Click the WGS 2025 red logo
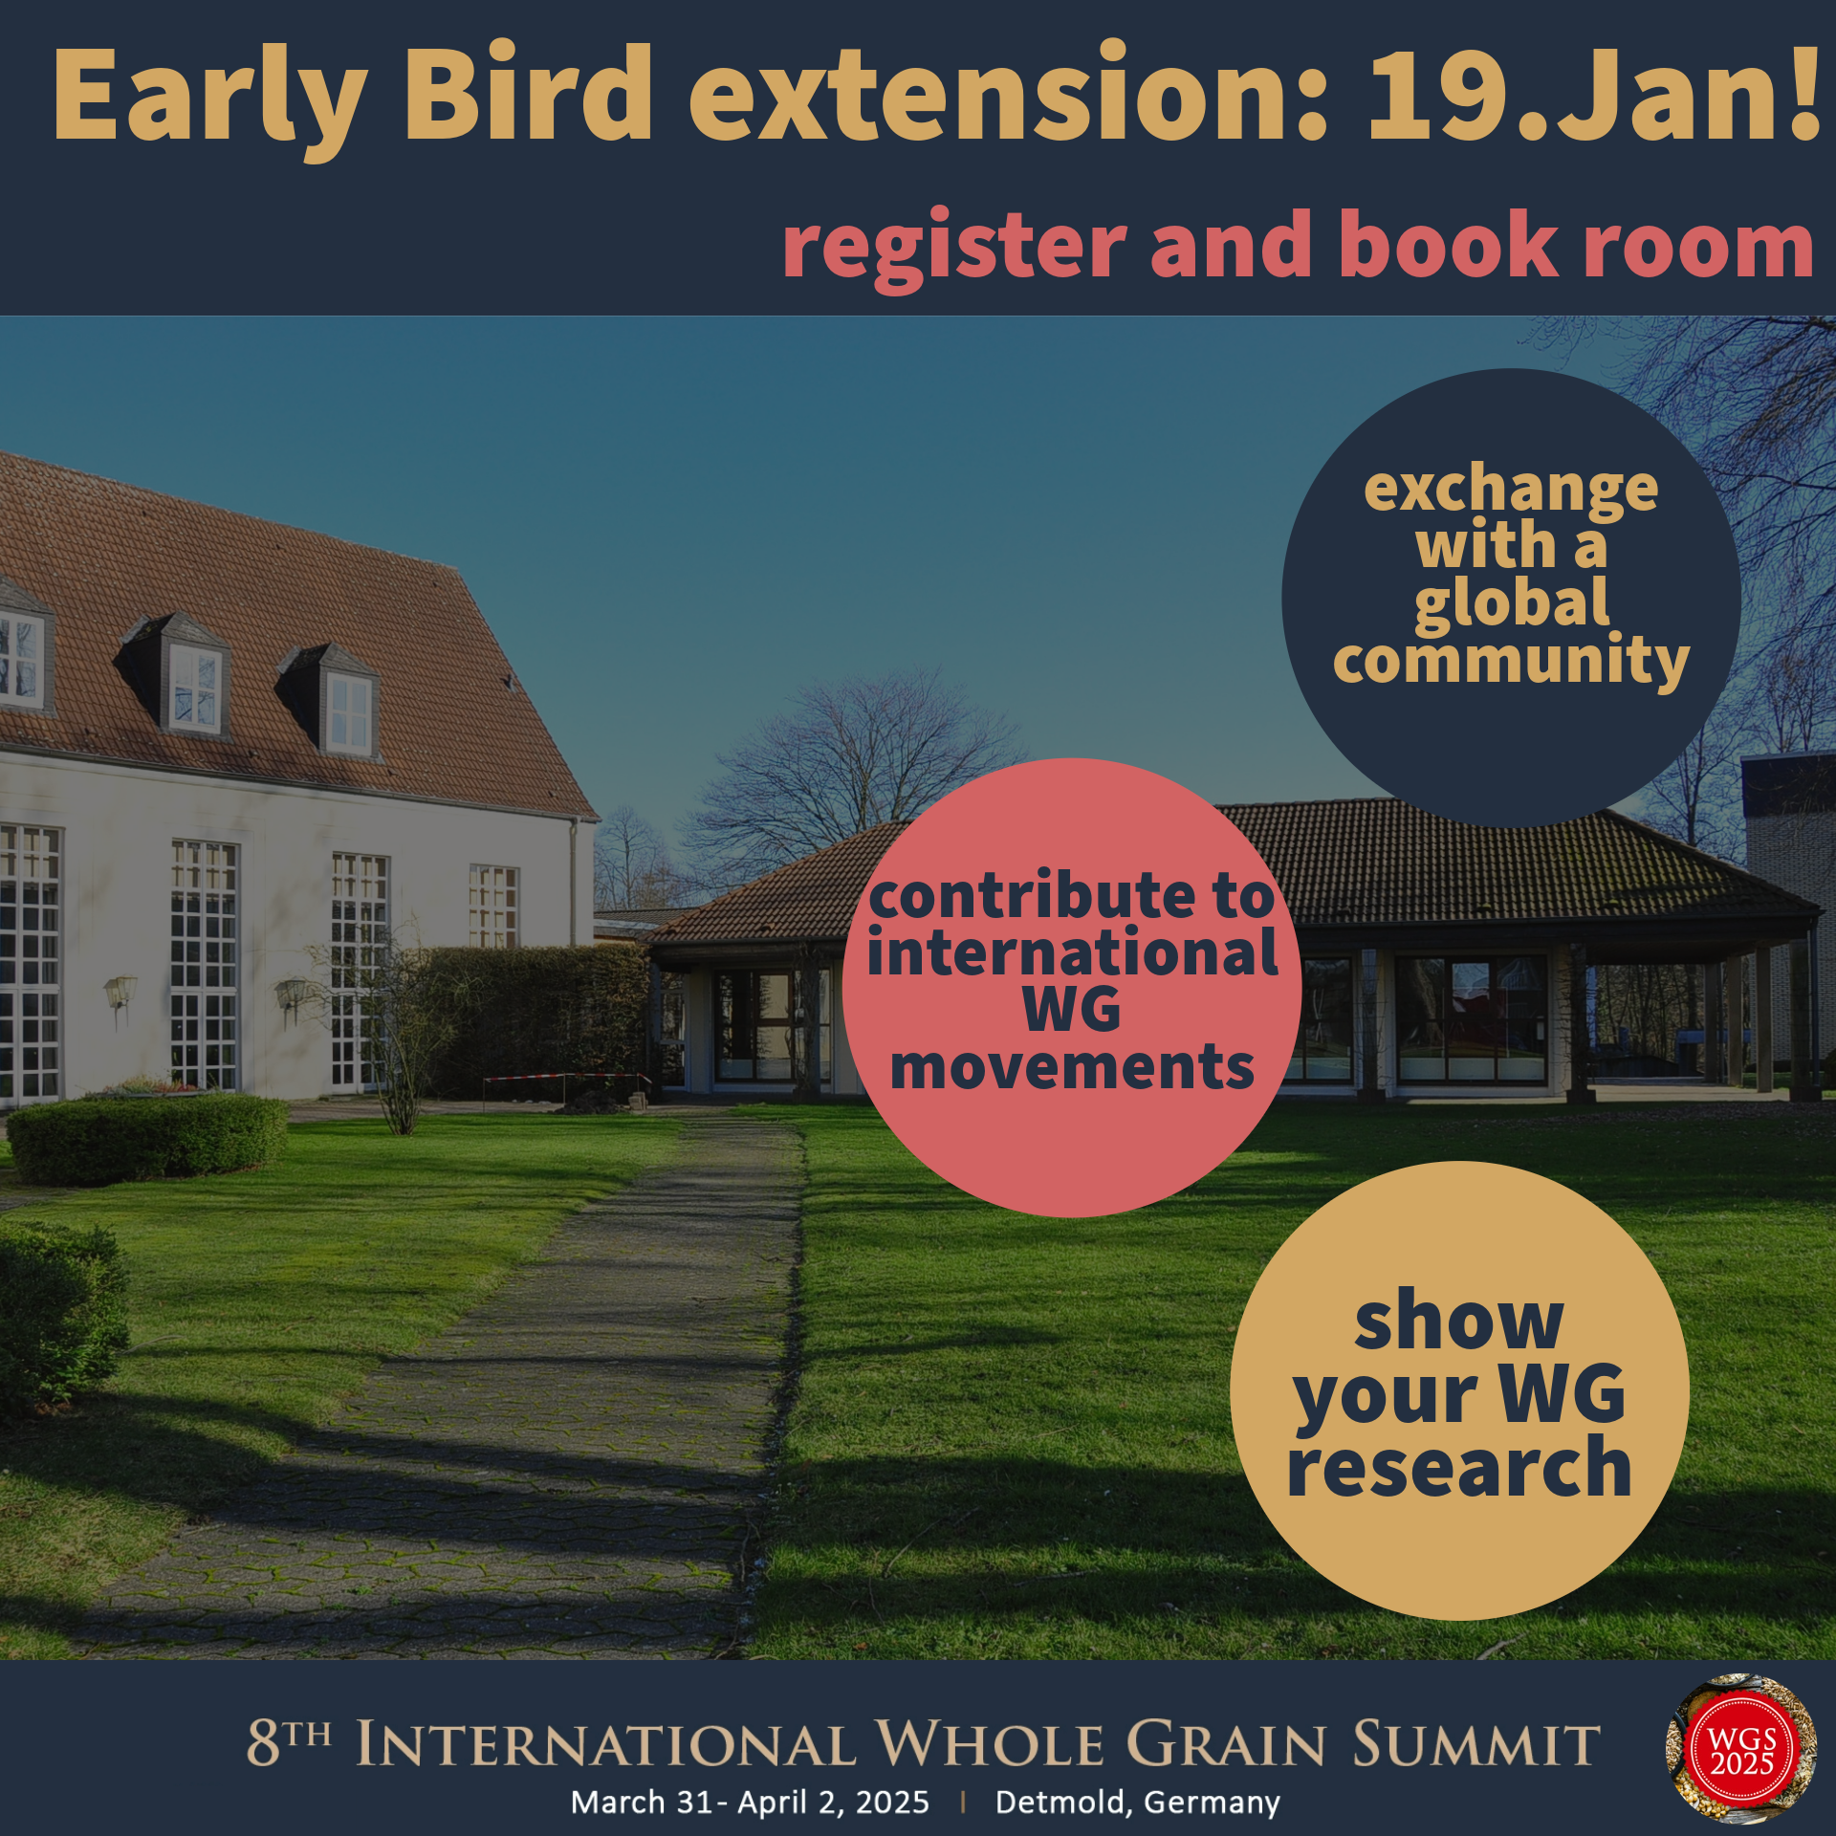coord(1741,1750)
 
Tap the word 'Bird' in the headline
coord(528,94)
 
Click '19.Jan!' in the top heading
coord(1593,94)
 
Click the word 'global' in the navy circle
coord(1512,605)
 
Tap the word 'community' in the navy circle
coord(1511,661)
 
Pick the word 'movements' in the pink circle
coord(1072,1067)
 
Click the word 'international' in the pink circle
coord(1072,952)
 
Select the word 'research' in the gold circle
coord(1459,1467)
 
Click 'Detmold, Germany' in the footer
coord(1137,1803)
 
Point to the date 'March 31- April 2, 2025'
coord(750,1803)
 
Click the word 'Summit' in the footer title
coord(1475,1743)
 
